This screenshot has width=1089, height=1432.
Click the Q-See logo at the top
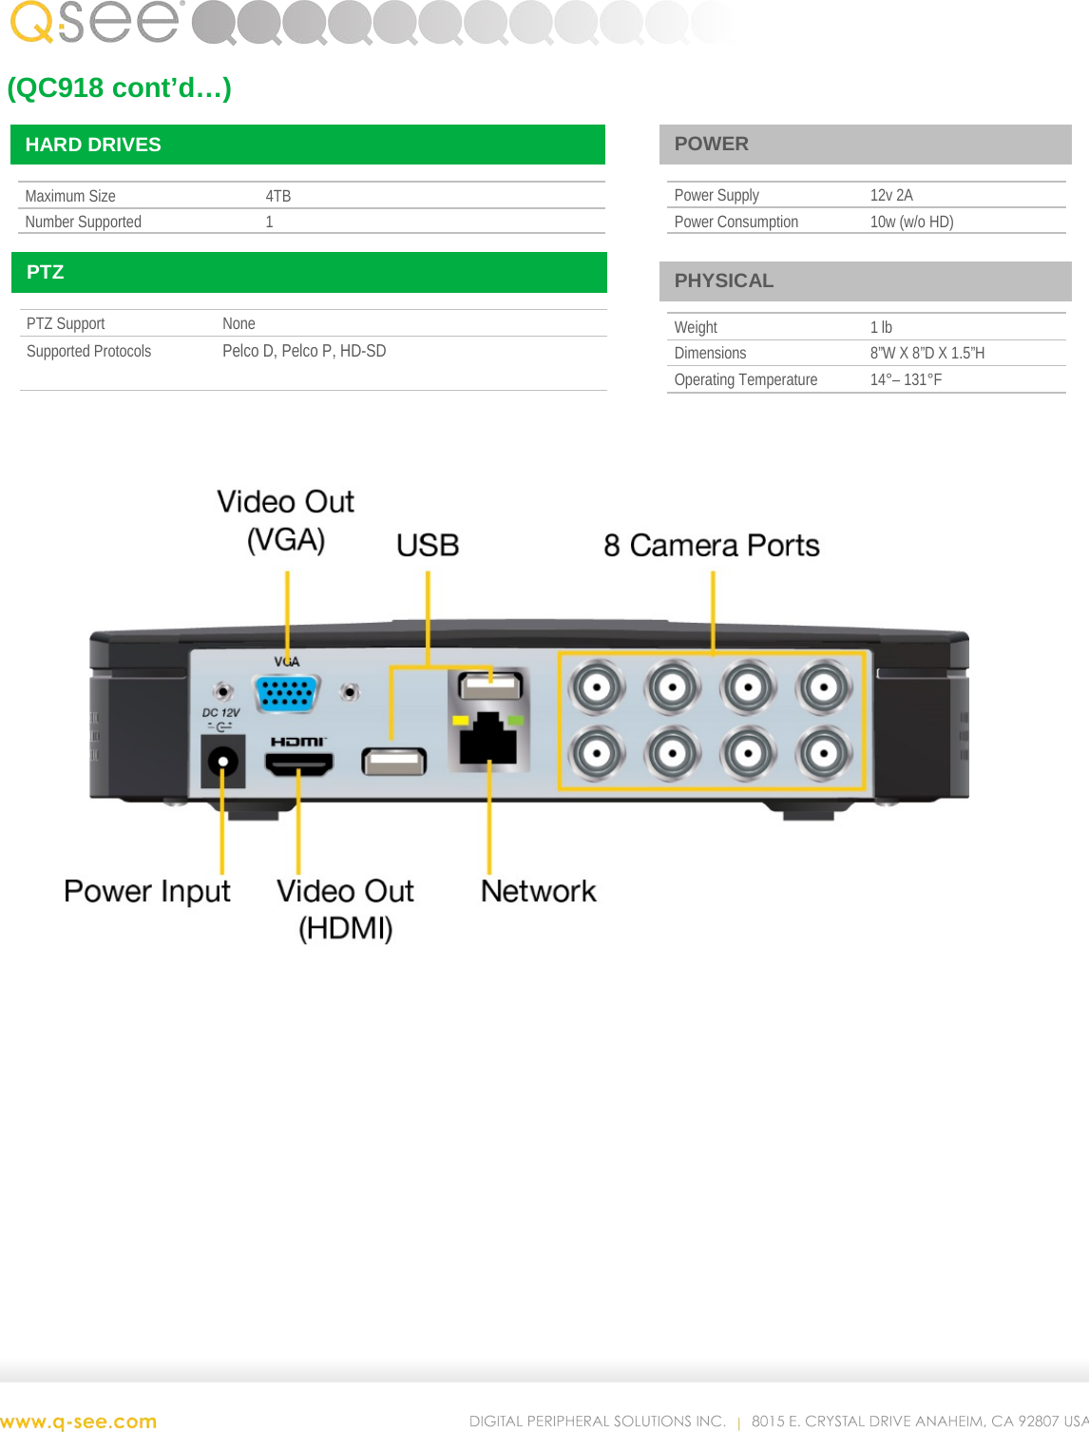click(95, 23)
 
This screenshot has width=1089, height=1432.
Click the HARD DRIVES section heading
click(93, 145)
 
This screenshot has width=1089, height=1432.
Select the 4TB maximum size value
click(277, 196)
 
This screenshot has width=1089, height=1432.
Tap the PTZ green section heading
click(45, 272)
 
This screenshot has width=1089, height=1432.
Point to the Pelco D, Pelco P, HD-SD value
click(304, 351)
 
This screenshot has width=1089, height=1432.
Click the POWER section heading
click(711, 144)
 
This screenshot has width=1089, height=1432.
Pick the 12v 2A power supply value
click(890, 195)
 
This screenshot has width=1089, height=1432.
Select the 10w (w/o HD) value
click(911, 222)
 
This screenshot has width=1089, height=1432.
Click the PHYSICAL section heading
click(723, 281)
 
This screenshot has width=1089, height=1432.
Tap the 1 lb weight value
click(881, 327)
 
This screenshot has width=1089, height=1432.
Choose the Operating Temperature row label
click(745, 379)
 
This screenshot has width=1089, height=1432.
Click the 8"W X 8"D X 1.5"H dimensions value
click(927, 353)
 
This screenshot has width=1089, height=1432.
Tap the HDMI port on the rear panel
click(298, 763)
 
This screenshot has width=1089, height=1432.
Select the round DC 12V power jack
click(223, 762)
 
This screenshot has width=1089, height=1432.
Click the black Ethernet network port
click(487, 740)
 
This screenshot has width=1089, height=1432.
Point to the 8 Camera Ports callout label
click(711, 545)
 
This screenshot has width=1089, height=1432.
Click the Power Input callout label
click(146, 891)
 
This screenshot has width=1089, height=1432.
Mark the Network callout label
click(538, 891)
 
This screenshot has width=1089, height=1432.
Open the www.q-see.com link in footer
click(78, 1421)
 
